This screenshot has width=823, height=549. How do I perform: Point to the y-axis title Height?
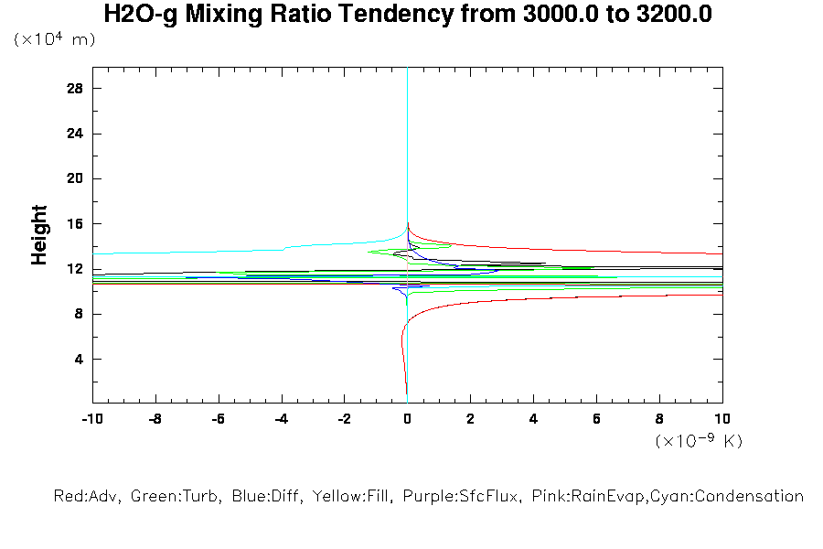(x=39, y=235)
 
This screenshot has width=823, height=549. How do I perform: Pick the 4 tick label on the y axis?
(x=80, y=359)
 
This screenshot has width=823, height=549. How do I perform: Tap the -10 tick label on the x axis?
(x=91, y=420)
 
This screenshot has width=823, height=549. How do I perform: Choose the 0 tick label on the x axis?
(x=407, y=420)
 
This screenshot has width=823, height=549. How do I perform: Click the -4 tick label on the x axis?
(x=280, y=420)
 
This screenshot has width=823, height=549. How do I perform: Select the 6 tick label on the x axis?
(x=596, y=420)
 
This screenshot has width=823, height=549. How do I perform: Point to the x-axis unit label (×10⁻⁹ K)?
(x=699, y=441)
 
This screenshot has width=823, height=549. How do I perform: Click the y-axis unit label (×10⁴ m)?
(x=54, y=39)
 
